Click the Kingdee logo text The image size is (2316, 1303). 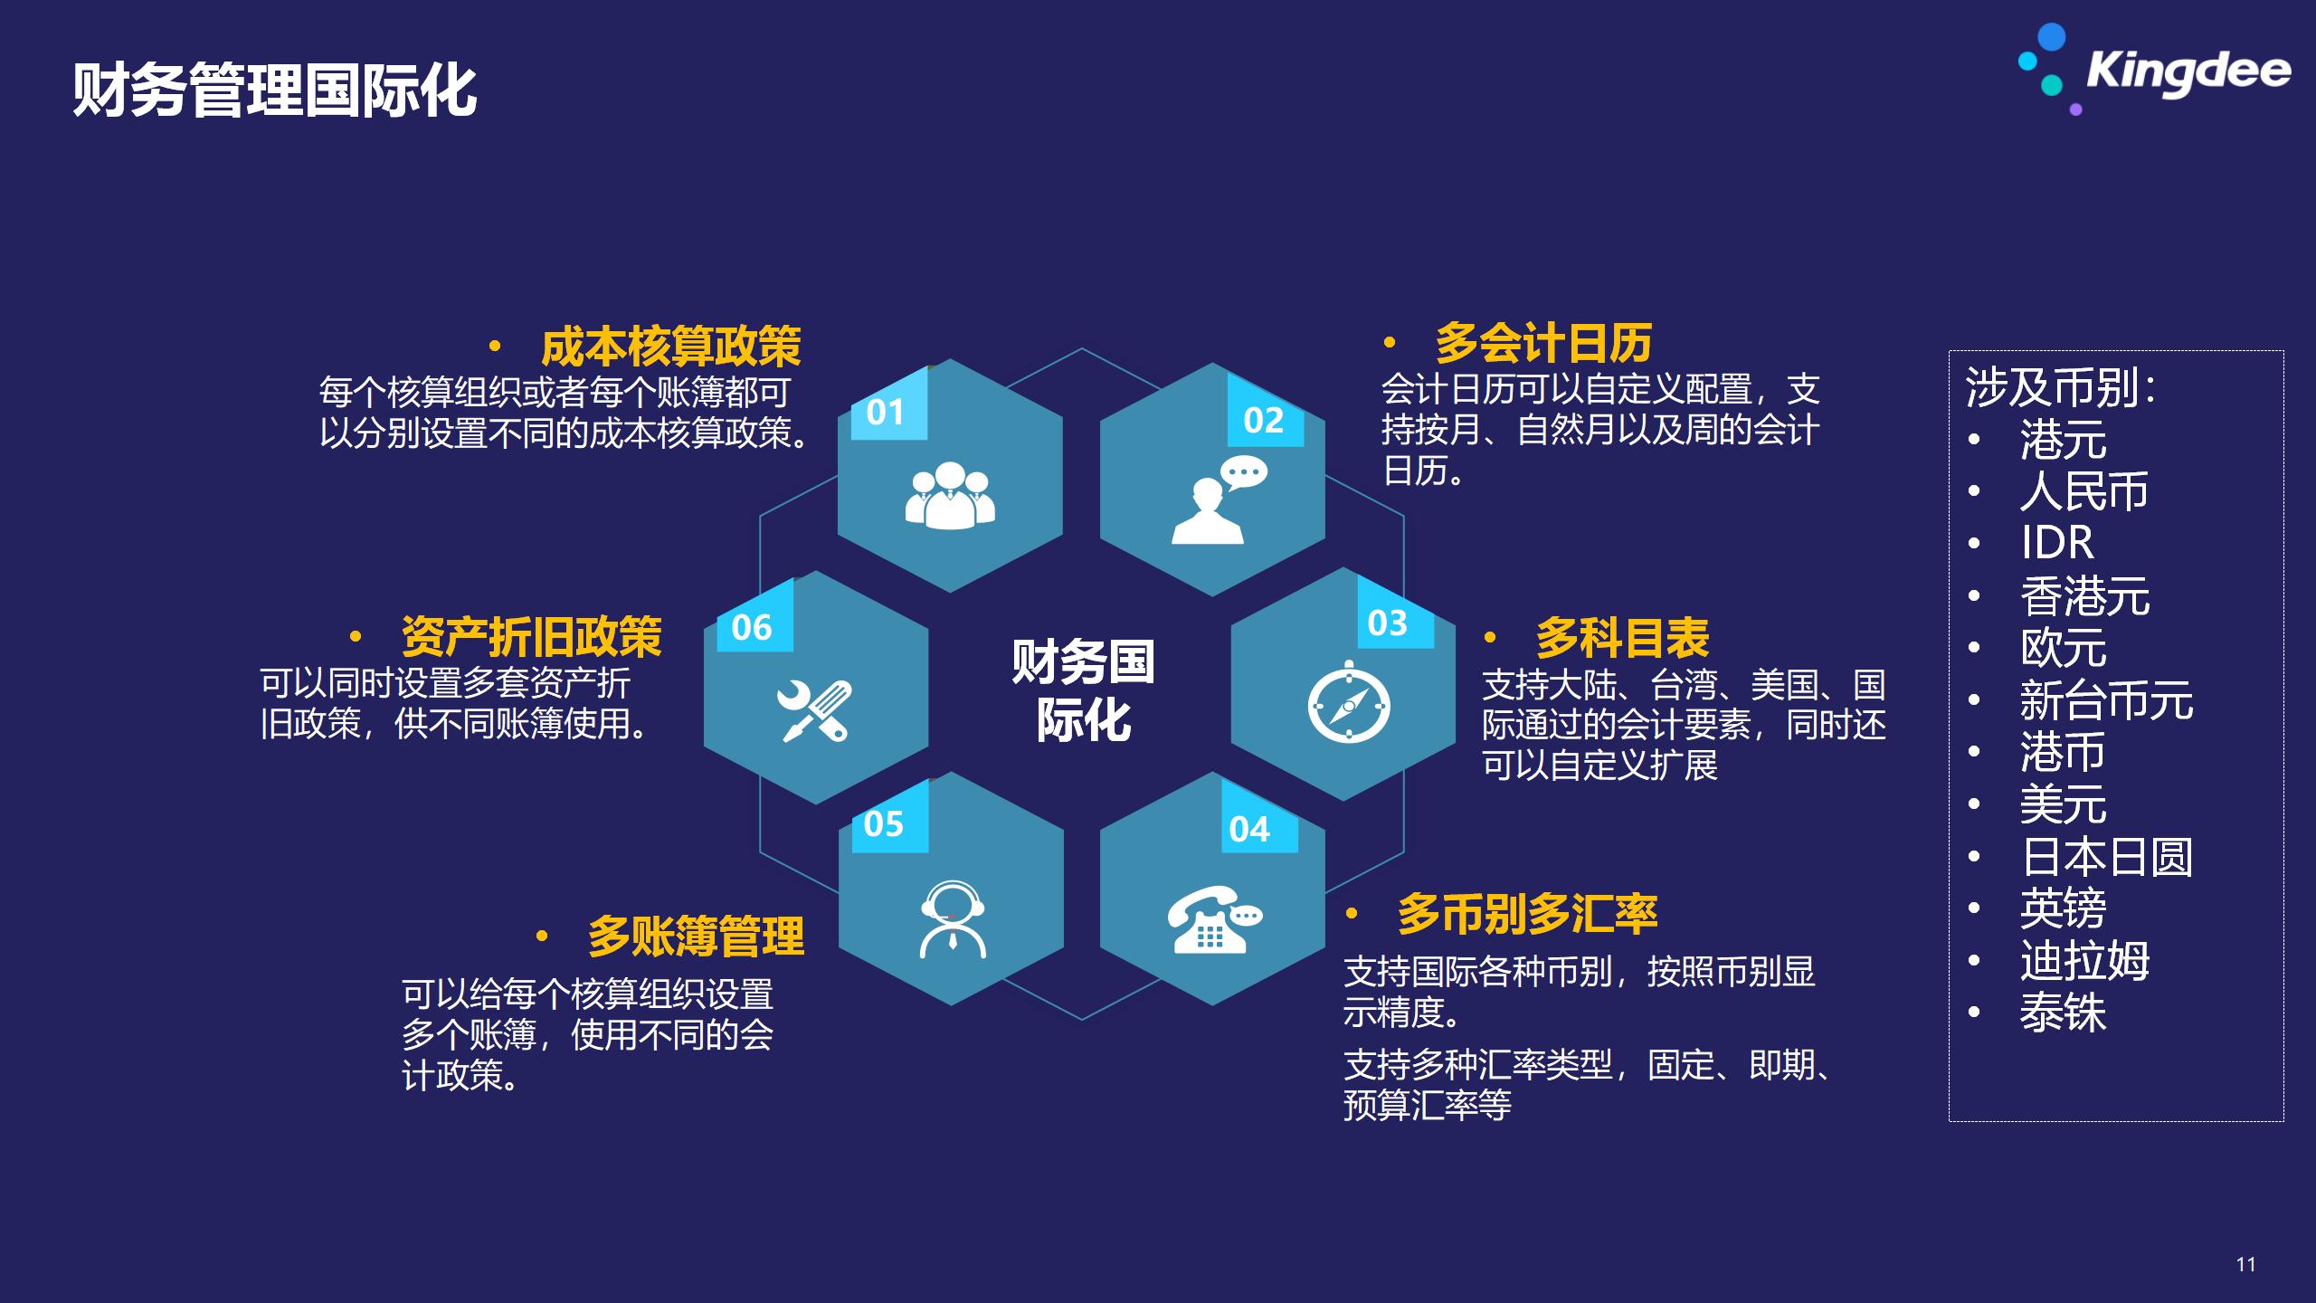coord(2188,71)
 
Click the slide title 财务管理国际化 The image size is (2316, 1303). coord(275,90)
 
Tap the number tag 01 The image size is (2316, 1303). coord(886,413)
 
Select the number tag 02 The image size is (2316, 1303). coord(1264,420)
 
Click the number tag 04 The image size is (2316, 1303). coord(1249,829)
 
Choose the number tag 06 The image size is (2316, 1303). coord(752,627)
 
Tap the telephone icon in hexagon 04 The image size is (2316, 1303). coord(1213,919)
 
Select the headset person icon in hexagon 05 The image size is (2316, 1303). coord(953,919)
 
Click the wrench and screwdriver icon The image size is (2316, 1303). coord(814,711)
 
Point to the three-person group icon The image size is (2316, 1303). coord(950,496)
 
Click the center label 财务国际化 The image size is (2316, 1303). coord(1083,690)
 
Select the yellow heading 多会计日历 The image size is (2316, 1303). coord(1543,343)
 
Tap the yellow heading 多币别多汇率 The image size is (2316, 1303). coord(1527,914)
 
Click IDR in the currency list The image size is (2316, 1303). coord(2057,543)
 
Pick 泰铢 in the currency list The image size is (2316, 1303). coord(2063,1013)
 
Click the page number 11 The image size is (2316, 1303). coord(2245,1264)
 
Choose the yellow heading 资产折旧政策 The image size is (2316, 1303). coord(531,637)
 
